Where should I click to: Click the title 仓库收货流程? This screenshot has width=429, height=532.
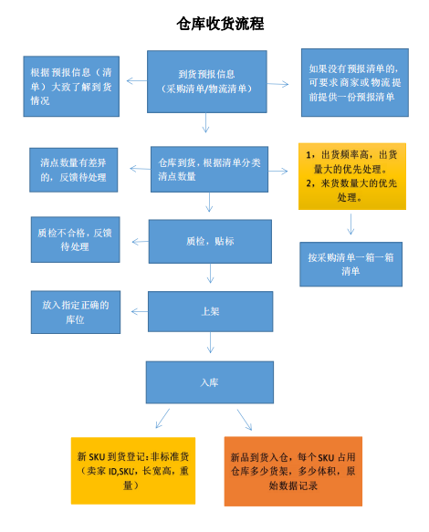click(x=220, y=24)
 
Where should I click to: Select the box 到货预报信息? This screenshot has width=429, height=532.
click(x=206, y=81)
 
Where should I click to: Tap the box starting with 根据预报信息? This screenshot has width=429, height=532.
click(x=71, y=86)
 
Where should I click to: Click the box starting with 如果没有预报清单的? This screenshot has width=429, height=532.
click(x=355, y=82)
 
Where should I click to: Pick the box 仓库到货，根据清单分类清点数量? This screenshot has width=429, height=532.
click(x=209, y=170)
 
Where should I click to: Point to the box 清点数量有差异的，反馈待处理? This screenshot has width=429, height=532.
click(x=74, y=170)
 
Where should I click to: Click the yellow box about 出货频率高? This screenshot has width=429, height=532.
click(x=352, y=176)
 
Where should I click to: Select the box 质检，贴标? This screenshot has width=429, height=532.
click(x=210, y=241)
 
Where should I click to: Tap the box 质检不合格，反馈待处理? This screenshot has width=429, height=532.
click(x=76, y=239)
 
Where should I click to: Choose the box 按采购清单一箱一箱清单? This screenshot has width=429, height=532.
click(x=351, y=265)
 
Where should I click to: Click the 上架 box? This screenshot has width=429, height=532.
click(x=211, y=311)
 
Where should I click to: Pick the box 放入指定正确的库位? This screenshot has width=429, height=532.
click(x=76, y=312)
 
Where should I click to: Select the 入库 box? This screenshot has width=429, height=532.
click(x=210, y=382)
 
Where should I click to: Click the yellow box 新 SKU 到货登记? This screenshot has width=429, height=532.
click(x=133, y=471)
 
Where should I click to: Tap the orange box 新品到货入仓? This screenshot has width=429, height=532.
click(x=293, y=471)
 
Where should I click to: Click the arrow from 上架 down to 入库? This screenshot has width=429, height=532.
click(x=211, y=342)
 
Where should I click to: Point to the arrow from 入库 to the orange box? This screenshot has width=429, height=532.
click(x=245, y=420)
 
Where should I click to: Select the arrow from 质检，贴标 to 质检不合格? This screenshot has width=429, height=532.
click(x=141, y=242)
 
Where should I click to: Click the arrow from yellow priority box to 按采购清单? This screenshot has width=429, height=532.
click(x=351, y=224)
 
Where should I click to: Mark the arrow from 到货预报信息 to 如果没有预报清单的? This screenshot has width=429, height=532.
click(x=277, y=84)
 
